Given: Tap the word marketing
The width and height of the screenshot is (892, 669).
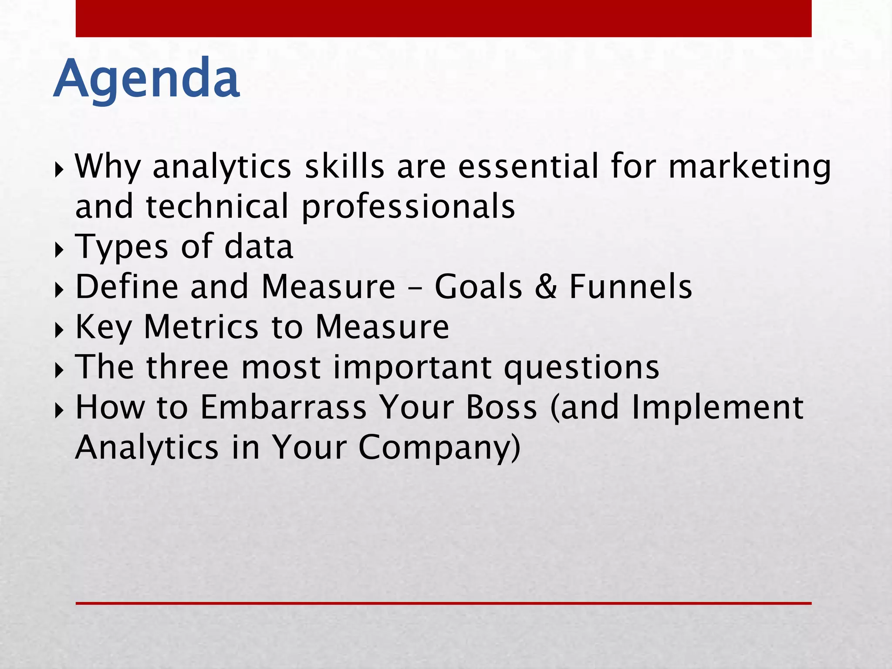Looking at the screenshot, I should pyautogui.click(x=749, y=168).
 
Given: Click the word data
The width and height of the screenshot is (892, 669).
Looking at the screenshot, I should pyautogui.click(x=258, y=247).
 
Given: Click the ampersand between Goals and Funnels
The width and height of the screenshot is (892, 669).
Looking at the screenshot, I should pyautogui.click(x=546, y=287).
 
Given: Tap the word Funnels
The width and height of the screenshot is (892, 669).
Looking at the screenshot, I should pyautogui.click(x=630, y=287).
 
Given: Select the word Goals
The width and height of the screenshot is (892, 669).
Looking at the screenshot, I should pyautogui.click(x=478, y=287).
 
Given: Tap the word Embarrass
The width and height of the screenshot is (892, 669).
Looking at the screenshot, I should pyautogui.click(x=284, y=407).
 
